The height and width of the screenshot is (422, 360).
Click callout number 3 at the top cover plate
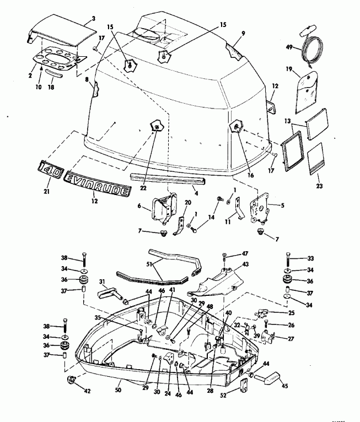93,19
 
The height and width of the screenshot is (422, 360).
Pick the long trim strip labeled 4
168,178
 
